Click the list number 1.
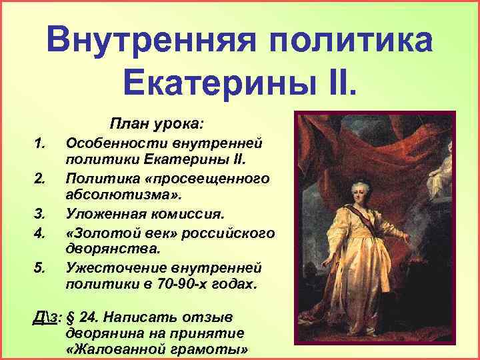(39, 142)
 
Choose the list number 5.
(39, 267)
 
